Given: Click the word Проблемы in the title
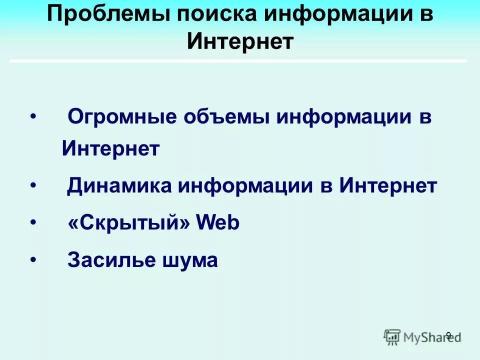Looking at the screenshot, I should [x=106, y=14].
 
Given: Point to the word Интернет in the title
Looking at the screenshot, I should [x=240, y=41].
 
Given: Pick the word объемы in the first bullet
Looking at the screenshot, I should [x=227, y=117].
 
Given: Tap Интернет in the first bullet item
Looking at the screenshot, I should [x=110, y=148].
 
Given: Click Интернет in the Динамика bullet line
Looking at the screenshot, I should [x=388, y=186].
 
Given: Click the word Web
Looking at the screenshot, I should [x=218, y=223].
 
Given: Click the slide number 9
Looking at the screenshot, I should [x=448, y=335].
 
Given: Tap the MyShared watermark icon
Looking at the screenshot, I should [x=392, y=336].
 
